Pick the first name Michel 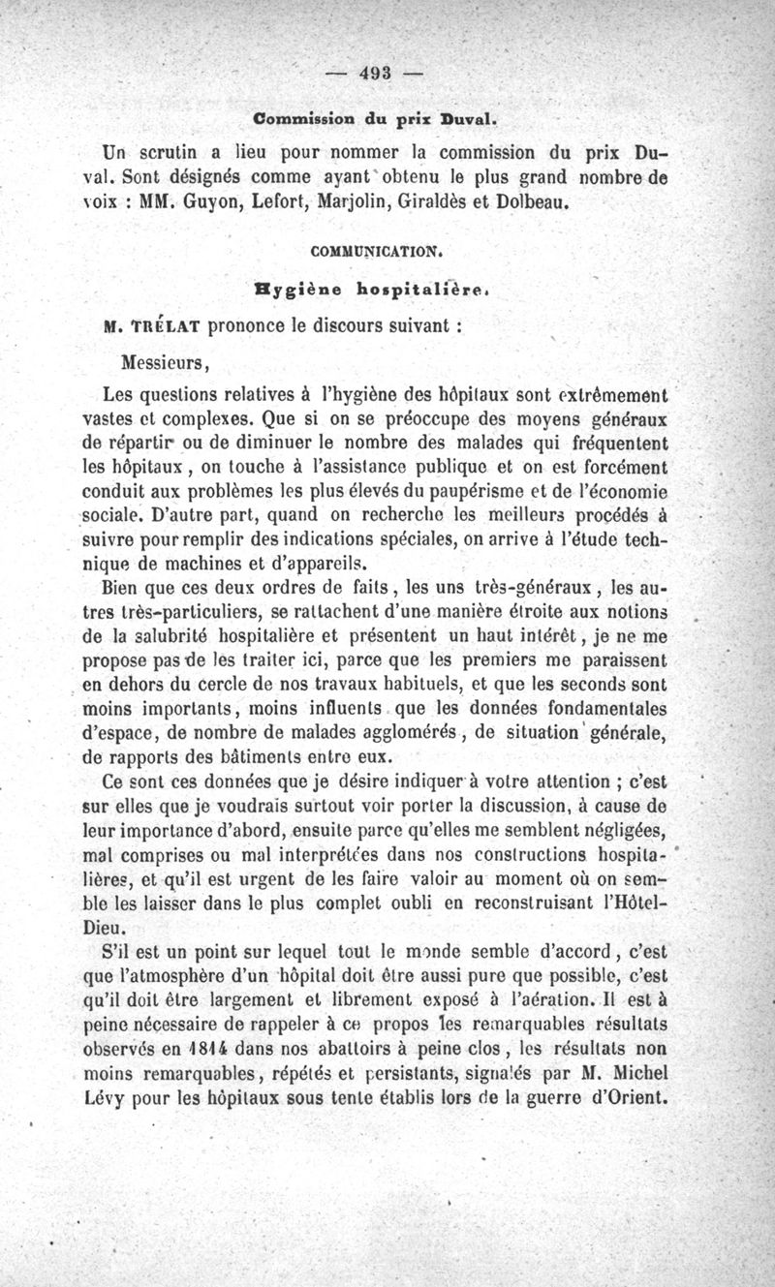(636, 1074)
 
